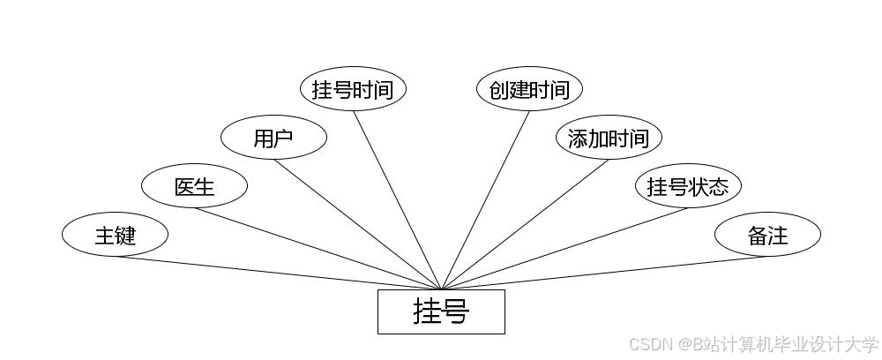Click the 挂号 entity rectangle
coord(441,311)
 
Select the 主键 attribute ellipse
coord(115,235)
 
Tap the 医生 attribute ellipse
coord(194,186)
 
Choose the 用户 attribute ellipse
coord(273,138)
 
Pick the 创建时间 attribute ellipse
coord(529,89)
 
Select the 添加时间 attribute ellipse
coord(609,138)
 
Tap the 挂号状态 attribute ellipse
coord(688,186)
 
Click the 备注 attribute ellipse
coord(767,235)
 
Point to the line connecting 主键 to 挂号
coord(278,273)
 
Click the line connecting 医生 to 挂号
coord(318,249)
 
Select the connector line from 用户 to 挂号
coord(357,224)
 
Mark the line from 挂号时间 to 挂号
coord(397,200)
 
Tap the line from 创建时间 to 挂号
coord(485,200)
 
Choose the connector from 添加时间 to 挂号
coord(525,224)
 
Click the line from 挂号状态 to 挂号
coord(564,249)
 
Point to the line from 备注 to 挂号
coord(604,273)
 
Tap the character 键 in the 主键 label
coord(125,235)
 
